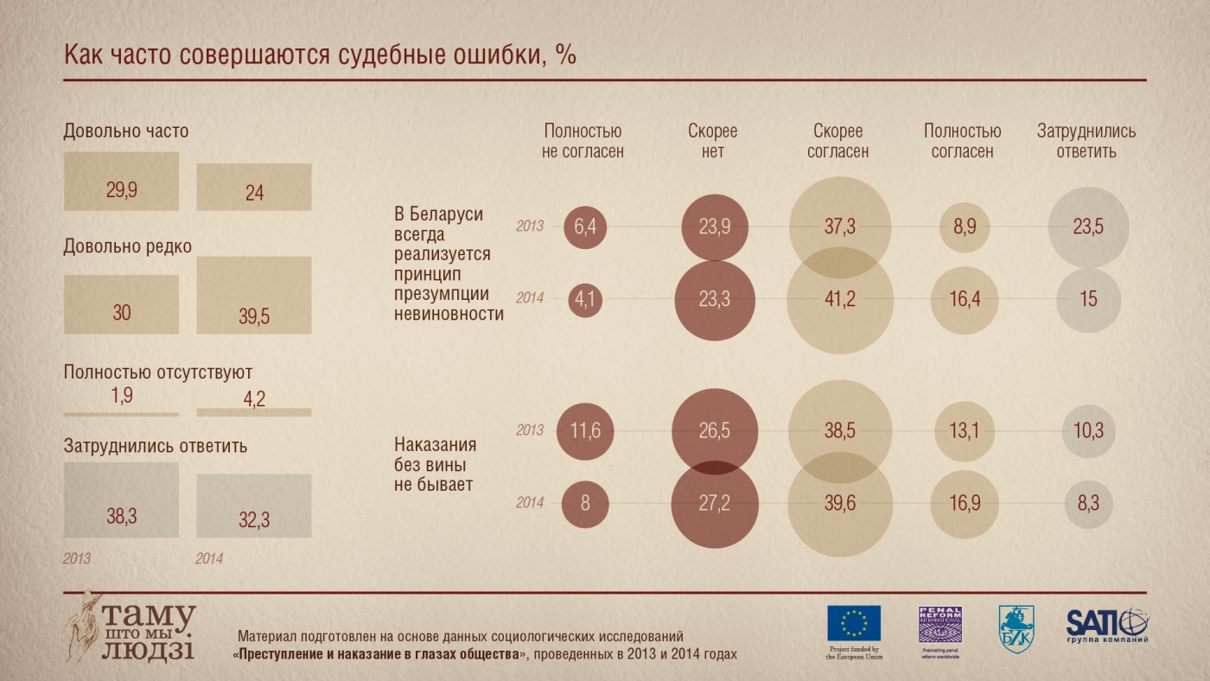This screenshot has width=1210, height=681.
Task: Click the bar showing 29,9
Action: coord(121,181)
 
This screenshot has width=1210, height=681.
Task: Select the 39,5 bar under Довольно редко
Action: coord(253,296)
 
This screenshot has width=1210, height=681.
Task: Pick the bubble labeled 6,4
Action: coord(585,226)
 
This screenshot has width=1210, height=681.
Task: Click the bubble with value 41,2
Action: coord(838,299)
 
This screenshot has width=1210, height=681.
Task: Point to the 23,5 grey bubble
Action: coord(1088,226)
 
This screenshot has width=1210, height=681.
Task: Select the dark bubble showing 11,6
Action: coord(585,430)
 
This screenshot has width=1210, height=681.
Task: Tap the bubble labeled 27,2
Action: coord(713,503)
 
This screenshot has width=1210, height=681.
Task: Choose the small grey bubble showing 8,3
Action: coord(1088,503)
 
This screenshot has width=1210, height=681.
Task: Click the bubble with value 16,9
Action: coord(963,503)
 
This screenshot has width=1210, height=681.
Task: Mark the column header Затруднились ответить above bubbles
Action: coord(1086,142)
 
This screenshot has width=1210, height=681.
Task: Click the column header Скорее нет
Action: coord(713,142)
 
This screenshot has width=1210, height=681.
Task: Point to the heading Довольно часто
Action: coord(126,131)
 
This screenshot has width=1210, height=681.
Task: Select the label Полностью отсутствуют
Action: coord(158,372)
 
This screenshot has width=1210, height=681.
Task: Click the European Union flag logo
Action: coord(854,623)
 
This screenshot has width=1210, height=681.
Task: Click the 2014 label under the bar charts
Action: coord(209,559)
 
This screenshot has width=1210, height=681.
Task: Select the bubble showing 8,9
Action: coord(963,226)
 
